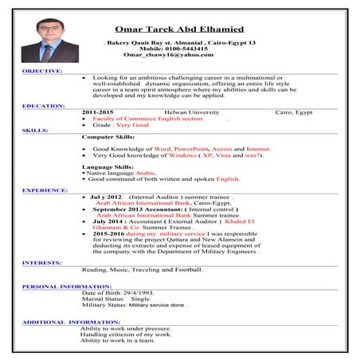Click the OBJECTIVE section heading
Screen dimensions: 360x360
(x=42, y=71)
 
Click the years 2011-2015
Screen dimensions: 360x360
(x=97, y=112)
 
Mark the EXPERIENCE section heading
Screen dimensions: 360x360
(x=45, y=191)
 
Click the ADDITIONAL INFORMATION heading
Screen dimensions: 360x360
(x=71, y=322)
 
